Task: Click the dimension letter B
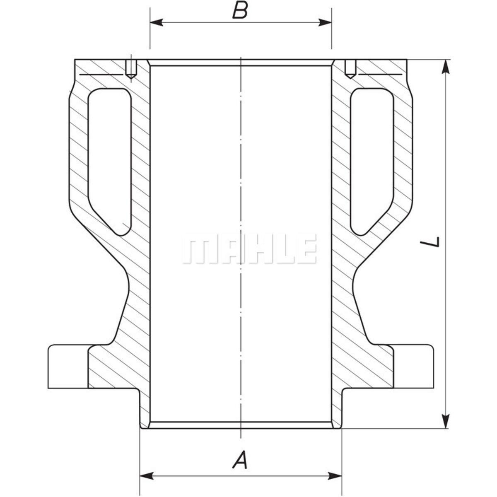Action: [240, 11]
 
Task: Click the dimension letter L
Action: [429, 241]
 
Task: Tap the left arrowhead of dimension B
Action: [156, 22]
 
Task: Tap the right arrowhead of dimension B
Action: [325, 22]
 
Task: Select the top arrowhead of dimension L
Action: [446, 67]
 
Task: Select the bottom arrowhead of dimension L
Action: [446, 422]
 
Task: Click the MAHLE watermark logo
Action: [249, 249]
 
